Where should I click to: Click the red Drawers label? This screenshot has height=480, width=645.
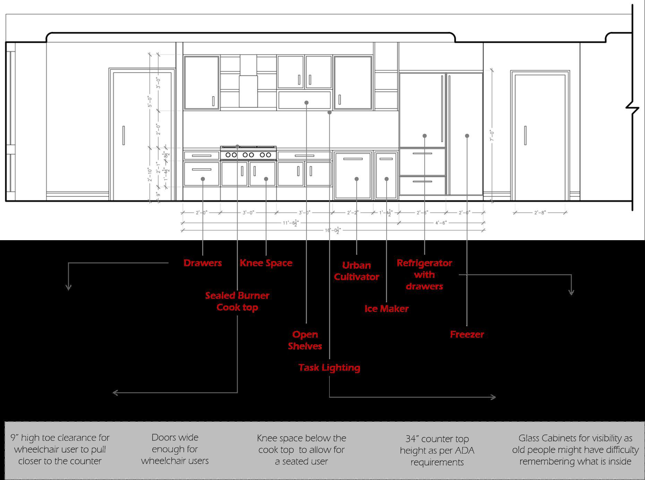(x=203, y=263)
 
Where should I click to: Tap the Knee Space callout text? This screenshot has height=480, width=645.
(x=266, y=263)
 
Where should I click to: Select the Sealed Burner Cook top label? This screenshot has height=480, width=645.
(x=237, y=301)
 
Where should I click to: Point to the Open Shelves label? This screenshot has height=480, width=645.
(x=305, y=340)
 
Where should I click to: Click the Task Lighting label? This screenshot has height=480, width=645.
(x=329, y=367)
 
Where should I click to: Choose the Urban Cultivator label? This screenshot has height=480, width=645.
(x=356, y=271)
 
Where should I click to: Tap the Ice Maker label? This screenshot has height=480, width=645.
(x=386, y=309)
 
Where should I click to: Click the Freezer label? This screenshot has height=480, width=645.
(x=467, y=334)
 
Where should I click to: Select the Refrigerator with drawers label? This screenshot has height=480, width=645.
(x=424, y=275)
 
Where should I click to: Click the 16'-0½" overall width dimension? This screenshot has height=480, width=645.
(x=333, y=230)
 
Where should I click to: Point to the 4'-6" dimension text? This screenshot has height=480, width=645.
(x=441, y=223)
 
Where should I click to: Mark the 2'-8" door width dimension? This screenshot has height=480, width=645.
(x=540, y=212)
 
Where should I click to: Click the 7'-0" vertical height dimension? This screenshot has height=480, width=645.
(x=491, y=135)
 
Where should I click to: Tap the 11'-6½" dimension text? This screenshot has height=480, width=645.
(x=290, y=223)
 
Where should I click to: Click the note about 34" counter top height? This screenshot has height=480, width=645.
(x=437, y=450)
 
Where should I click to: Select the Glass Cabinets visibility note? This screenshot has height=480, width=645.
(x=575, y=450)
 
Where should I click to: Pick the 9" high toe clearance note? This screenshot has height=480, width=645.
(x=60, y=449)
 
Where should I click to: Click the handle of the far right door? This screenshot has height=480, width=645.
(x=525, y=135)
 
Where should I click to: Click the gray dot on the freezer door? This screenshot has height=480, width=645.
(x=467, y=136)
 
